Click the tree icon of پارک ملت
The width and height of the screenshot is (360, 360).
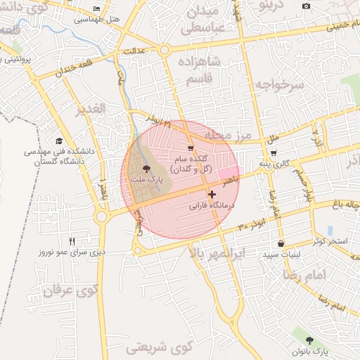pyautogui.click(x=146, y=169)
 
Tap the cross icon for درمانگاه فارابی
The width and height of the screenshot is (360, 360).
pyautogui.click(x=212, y=194)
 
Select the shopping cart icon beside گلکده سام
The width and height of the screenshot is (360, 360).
pyautogui.click(x=191, y=148)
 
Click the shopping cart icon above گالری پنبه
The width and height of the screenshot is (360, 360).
pyautogui.click(x=273, y=153)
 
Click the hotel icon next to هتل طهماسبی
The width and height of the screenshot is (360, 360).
pyautogui.click(x=96, y=9)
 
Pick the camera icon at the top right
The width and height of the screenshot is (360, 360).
pyautogui.click(x=306, y=6)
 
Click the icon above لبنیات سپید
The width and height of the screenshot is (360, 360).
pyautogui.click(x=281, y=243)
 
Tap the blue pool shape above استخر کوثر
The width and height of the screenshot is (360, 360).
pyautogui.click(x=330, y=230)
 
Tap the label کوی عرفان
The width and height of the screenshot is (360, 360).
pyautogui.click(x=69, y=290)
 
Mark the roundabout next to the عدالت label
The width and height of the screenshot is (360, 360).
pyautogui.click(x=164, y=50)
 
